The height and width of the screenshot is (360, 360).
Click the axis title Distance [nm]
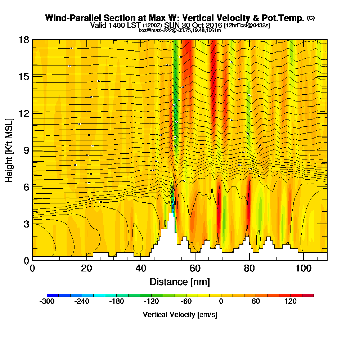(180, 282)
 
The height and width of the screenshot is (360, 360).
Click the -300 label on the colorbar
(47, 302)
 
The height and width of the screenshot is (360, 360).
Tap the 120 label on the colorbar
(291, 302)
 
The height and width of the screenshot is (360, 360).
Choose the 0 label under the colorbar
(221, 302)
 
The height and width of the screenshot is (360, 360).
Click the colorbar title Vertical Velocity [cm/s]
(180, 315)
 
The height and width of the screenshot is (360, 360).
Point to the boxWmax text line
(180, 30)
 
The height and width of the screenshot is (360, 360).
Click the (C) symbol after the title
(311, 18)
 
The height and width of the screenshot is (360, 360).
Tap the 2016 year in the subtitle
(212, 25)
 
